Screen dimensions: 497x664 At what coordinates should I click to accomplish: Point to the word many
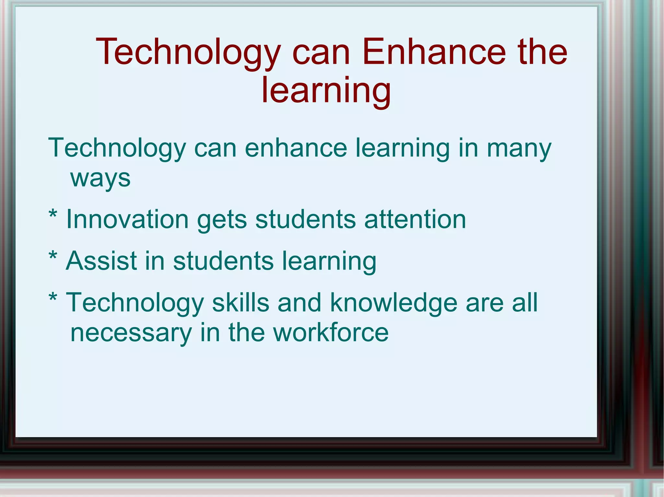519,149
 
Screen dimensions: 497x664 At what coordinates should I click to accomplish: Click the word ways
101,178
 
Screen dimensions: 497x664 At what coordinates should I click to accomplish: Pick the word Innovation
127,220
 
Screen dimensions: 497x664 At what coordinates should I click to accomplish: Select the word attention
415,220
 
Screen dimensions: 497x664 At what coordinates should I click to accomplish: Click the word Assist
101,261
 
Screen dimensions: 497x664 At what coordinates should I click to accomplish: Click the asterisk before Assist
53,256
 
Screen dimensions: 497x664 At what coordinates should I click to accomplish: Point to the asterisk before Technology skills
53,298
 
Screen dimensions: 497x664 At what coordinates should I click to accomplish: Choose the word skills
241,302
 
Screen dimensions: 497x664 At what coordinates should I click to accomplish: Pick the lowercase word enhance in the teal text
296,148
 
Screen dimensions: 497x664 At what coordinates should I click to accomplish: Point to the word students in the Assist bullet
223,261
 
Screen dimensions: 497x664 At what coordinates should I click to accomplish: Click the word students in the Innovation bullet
305,220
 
